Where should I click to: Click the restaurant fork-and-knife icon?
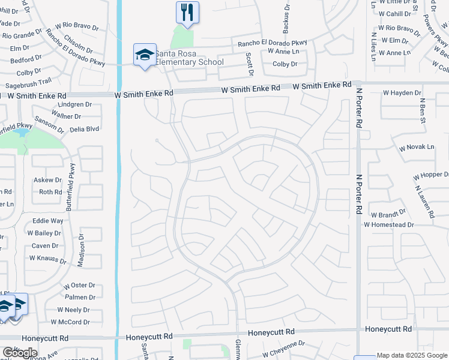[187, 12]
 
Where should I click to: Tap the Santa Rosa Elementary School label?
[189, 58]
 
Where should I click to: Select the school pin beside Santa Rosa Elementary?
[145, 55]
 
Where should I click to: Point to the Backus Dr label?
[286, 22]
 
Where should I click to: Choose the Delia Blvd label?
[84, 128]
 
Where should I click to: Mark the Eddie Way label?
[48, 221]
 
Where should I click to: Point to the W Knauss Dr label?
[48, 259]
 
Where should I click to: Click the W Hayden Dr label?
[402, 93]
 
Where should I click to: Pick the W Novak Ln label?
[416, 147]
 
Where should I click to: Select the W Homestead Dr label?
[388, 224]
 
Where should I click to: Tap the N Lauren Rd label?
[424, 200]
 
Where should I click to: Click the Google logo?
[20, 353]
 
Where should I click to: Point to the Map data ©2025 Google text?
[412, 355]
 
